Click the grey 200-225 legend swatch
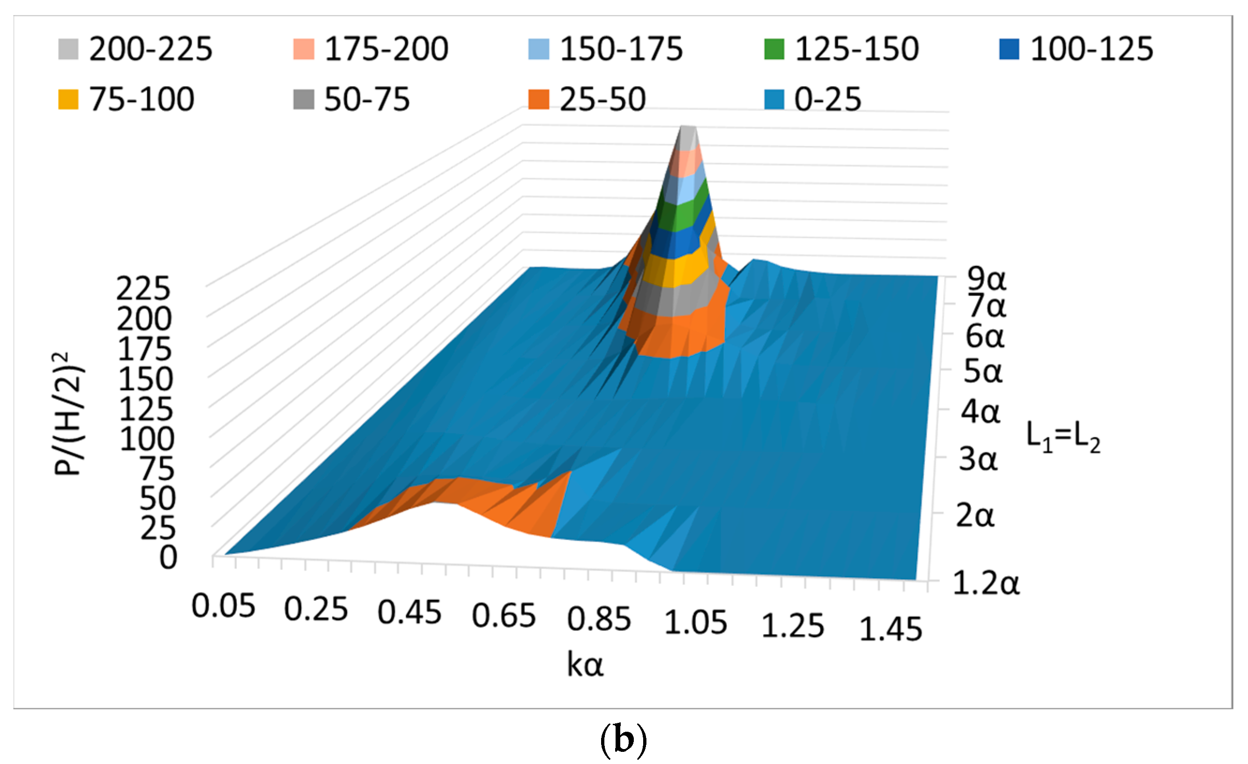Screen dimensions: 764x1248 pos(68,50)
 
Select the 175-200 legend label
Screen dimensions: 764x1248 pos(386,50)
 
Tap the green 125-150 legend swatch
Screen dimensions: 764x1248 pos(774,50)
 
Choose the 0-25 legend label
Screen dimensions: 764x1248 pos(827,99)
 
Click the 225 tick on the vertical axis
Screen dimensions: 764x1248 pos(144,289)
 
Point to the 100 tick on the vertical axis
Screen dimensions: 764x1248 pos(147,439)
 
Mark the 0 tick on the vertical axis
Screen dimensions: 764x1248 pos(168,558)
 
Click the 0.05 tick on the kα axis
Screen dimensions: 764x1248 pos(223,606)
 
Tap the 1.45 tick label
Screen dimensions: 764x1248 pos(890,630)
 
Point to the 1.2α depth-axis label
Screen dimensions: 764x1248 pos(986,583)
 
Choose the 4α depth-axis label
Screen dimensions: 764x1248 pos(981,412)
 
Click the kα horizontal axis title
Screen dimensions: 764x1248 pos(585,665)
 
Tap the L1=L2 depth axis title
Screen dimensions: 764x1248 pos(1062,436)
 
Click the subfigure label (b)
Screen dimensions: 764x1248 pos(623,740)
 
